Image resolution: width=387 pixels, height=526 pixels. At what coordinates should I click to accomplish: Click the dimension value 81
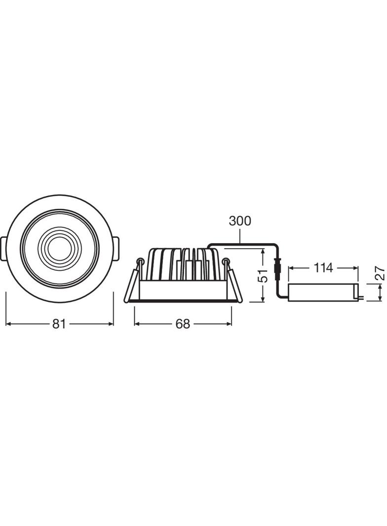click(x=59, y=324)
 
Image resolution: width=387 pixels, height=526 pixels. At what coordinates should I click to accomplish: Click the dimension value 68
click(x=183, y=324)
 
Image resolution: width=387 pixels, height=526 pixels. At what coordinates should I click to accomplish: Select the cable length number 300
click(x=240, y=221)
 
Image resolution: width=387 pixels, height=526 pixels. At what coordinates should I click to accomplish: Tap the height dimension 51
click(x=264, y=275)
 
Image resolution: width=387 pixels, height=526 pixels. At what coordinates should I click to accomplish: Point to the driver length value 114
click(x=323, y=268)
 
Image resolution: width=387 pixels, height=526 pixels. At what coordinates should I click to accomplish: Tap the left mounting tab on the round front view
click(x=3, y=249)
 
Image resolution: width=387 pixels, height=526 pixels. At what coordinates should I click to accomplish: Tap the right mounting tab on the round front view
click(x=116, y=249)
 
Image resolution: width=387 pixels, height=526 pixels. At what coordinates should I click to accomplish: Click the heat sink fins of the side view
click(x=183, y=264)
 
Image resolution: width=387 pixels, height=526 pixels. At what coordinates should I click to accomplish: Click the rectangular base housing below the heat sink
click(x=183, y=290)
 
